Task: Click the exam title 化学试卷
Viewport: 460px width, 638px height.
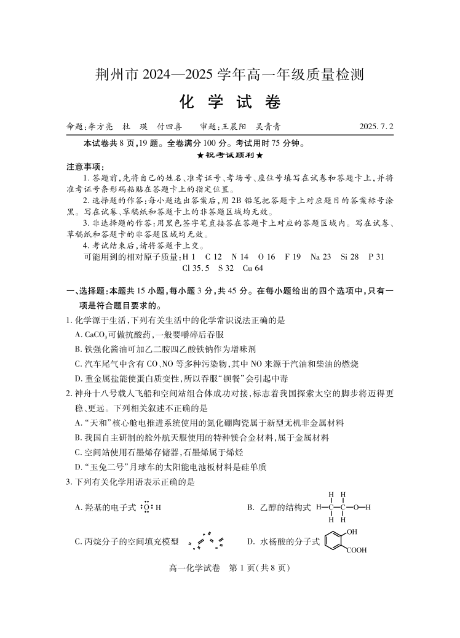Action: [x=229, y=101]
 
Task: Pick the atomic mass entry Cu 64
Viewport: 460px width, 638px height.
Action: [x=253, y=268]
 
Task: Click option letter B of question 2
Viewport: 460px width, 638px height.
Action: [x=78, y=437]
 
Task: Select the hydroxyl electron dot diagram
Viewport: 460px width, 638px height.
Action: [x=148, y=507]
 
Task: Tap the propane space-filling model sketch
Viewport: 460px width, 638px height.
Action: [x=206, y=541]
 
